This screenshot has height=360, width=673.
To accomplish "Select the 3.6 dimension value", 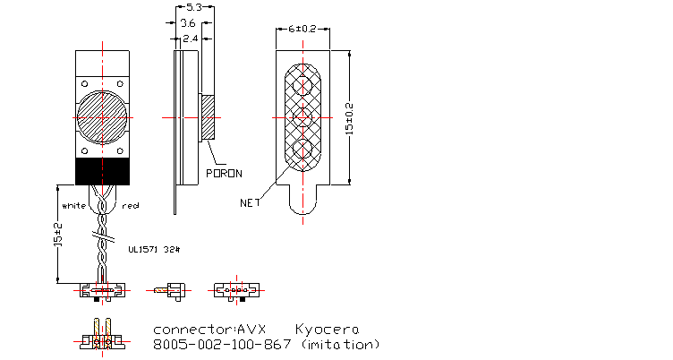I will coord(188,22).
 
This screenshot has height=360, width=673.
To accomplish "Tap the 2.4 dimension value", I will coord(190,39).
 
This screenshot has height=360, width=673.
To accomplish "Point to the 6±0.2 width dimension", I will coord(302,28).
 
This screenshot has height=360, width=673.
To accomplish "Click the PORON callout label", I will coord(225,172).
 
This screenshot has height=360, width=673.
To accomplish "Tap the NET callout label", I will coord(250,202).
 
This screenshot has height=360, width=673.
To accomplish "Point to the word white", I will coord(72,206).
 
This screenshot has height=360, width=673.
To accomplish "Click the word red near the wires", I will coord(131,206).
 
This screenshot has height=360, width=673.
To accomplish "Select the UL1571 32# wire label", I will coord(155,250).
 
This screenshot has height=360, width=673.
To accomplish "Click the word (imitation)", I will coord(341,344).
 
